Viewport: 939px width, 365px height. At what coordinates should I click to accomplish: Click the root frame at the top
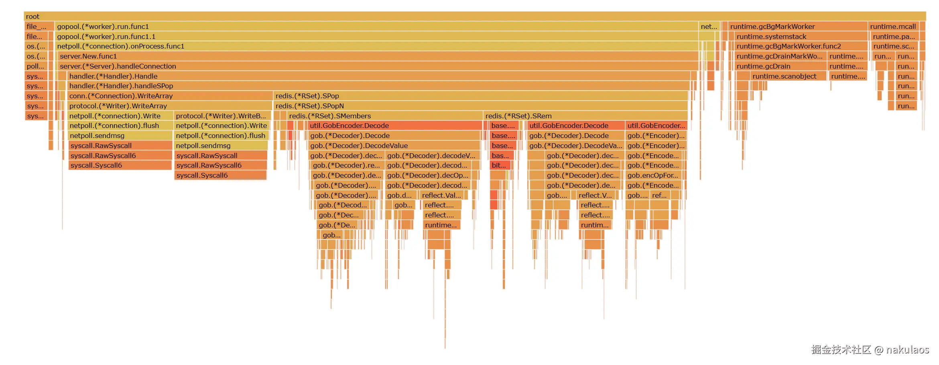click(x=474, y=16)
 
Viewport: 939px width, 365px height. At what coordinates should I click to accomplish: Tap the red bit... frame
click(x=500, y=165)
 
